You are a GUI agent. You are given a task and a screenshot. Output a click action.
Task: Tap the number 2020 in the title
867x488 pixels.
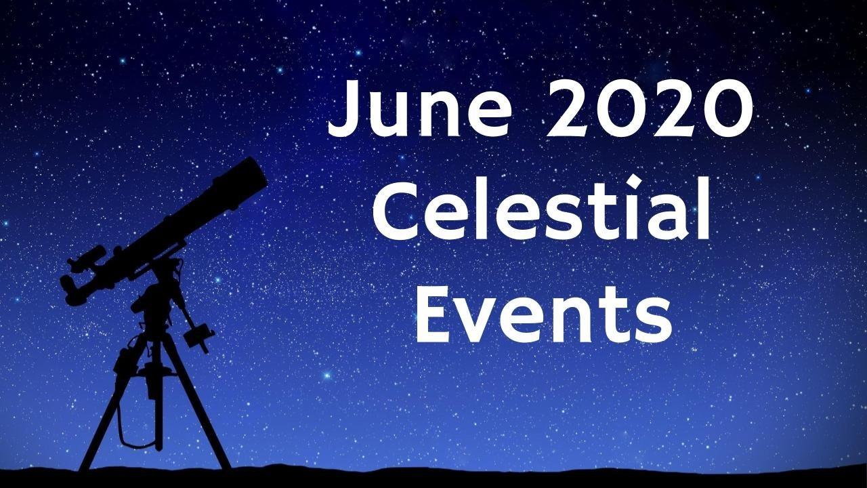tap(650, 108)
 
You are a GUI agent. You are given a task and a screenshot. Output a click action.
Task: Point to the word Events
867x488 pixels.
tap(543, 312)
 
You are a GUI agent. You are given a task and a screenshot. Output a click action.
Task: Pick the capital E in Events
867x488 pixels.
tap(433, 312)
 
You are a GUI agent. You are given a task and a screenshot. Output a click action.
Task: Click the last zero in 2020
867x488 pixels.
tap(727, 108)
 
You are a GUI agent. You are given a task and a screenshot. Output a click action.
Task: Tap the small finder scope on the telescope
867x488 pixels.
tap(87, 257)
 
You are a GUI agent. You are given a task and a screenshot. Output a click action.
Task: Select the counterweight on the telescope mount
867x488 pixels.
tap(198, 337)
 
